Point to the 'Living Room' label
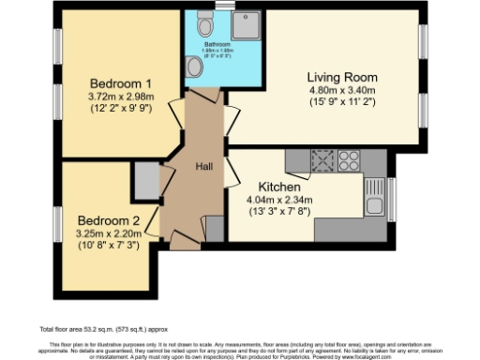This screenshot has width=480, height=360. tap(342, 77)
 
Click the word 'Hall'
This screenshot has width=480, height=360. tap(203, 166)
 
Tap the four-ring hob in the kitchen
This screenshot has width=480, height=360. tap(349, 158)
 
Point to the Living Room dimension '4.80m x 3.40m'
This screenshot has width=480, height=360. tap(342, 91)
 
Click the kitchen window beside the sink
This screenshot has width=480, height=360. tap(392, 197)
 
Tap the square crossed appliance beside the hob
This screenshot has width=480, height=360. tap(322, 158)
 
